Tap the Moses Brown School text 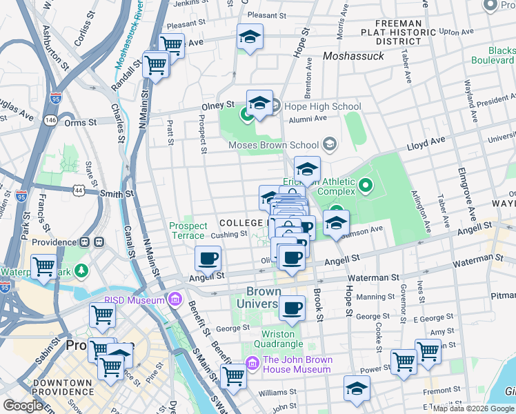coord(274,145)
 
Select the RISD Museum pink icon coord(175,299)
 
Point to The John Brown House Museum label coord(297,364)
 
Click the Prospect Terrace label coord(188,230)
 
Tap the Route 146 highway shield coord(51,120)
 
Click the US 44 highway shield coord(72,189)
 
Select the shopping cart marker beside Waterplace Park coord(45,266)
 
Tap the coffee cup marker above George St coord(292,308)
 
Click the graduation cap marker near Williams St coord(357,388)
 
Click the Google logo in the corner coord(23,406)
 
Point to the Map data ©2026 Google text coord(473,408)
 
